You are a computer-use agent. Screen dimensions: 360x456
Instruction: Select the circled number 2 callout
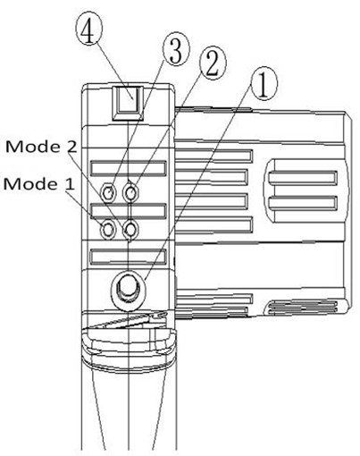coord(213,64)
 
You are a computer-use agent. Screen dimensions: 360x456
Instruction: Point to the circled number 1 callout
coord(264,84)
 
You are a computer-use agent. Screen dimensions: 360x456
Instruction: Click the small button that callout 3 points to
coord(108,192)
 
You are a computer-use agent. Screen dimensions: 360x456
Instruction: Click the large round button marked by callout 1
coord(129,288)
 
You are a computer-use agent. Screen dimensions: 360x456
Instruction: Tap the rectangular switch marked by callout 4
coord(128,103)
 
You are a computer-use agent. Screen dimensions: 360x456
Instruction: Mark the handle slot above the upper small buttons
coord(129,168)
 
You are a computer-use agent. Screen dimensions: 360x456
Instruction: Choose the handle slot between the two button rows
coord(129,211)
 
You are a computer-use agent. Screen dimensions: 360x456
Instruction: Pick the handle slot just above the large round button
coord(129,257)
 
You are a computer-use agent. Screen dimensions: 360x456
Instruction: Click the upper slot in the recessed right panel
coord(303,178)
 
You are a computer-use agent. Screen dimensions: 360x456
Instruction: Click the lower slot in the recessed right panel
coord(303,203)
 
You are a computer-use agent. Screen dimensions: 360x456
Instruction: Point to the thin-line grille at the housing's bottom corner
coord(303,308)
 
